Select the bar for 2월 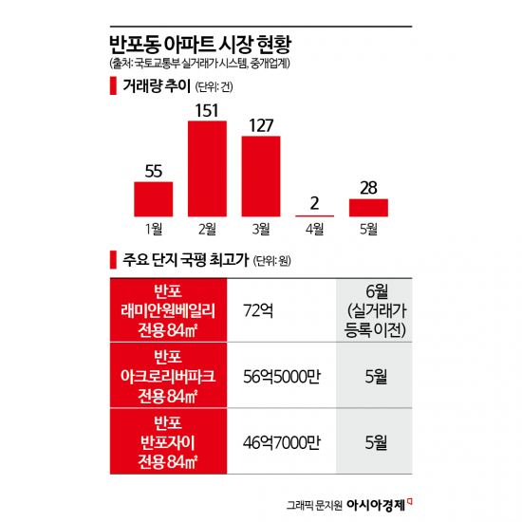[208, 169]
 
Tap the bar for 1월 [153, 198]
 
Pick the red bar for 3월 [261, 177]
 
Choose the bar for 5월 [368, 207]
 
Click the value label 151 [208, 109]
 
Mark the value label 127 [261, 125]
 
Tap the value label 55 [153, 171]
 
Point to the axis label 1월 [153, 229]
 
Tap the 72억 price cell [258, 310]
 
